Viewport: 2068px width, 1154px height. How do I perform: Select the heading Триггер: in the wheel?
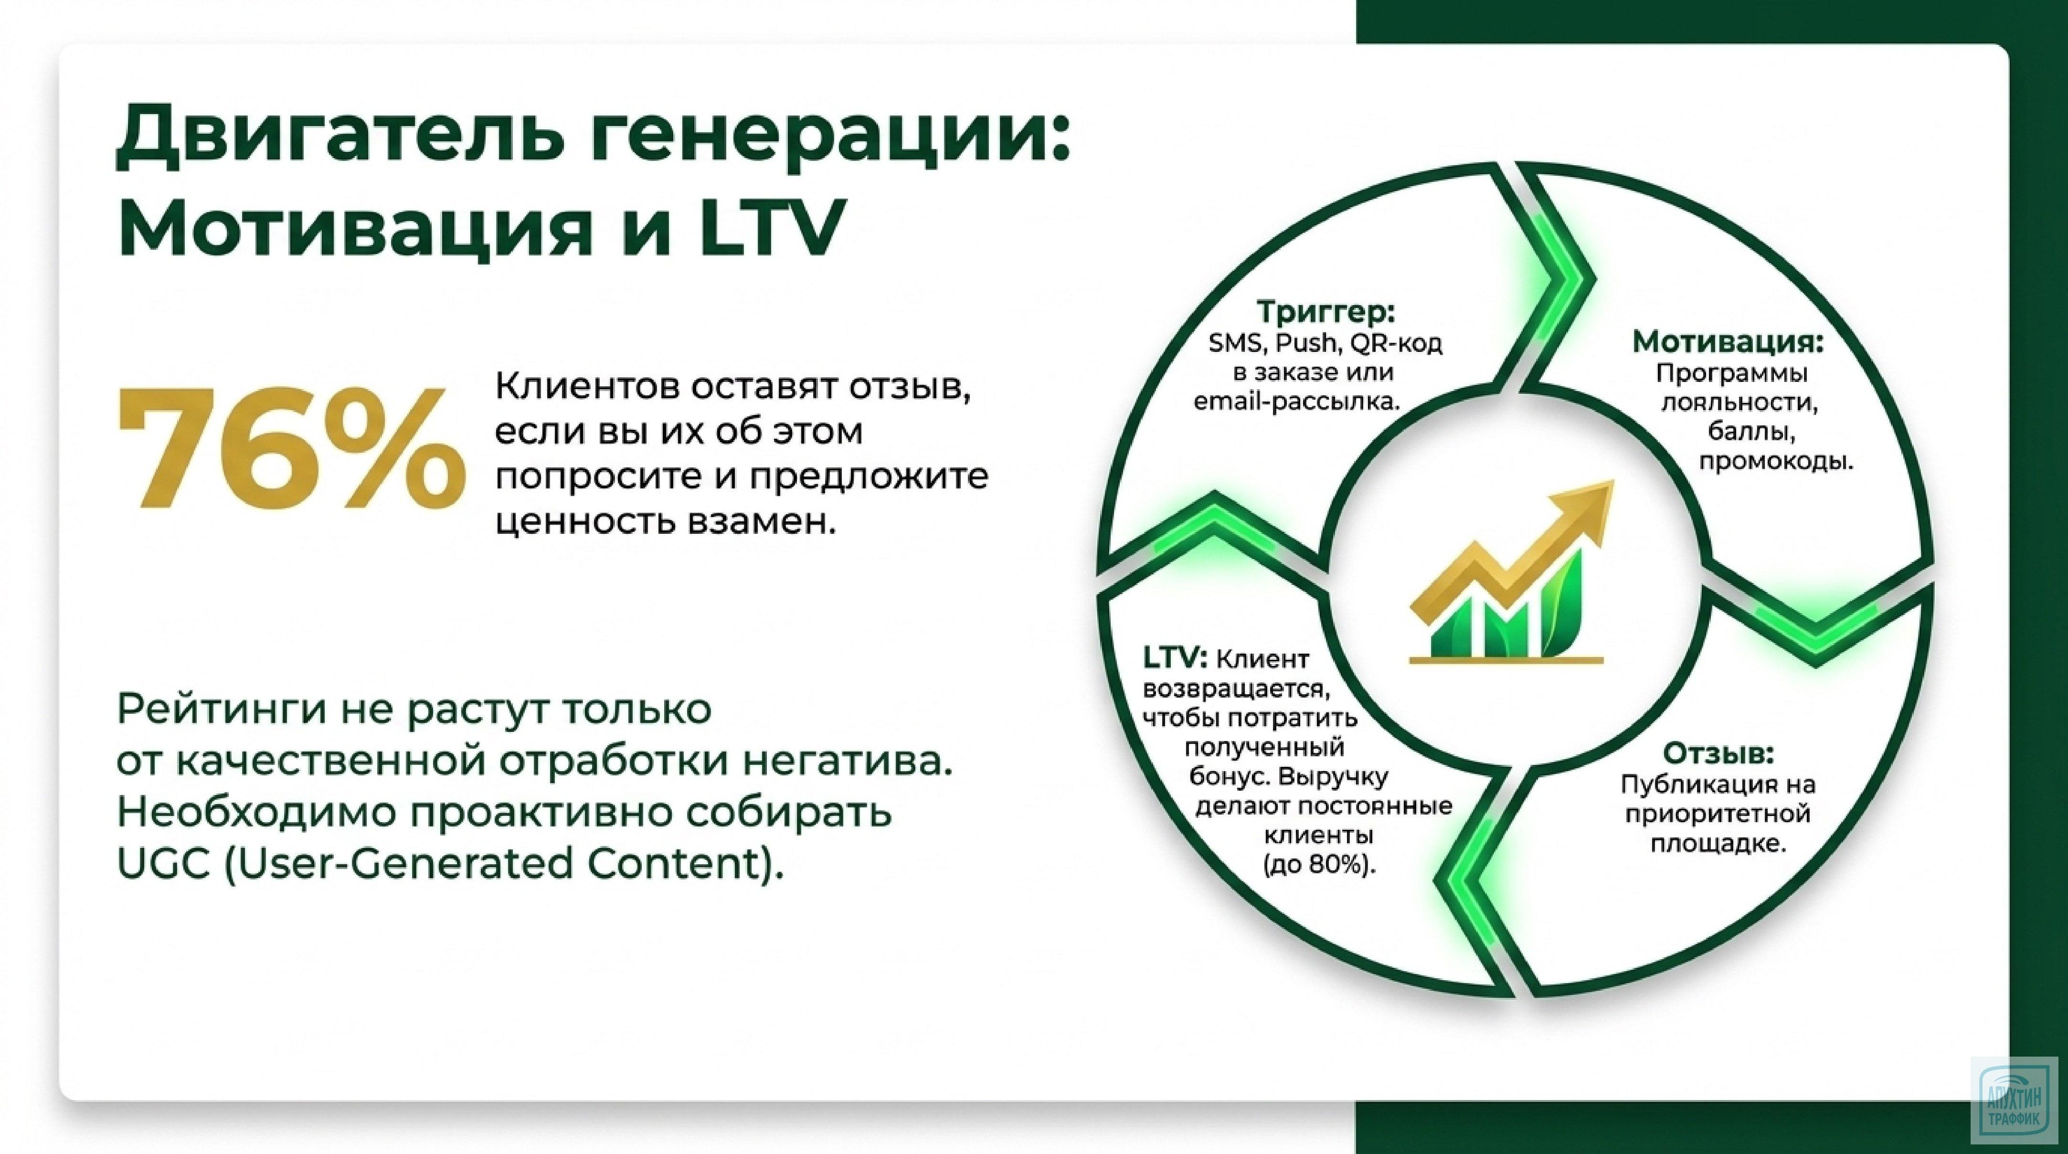point(1326,311)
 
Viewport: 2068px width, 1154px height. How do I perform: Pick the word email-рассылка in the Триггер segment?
point(1296,401)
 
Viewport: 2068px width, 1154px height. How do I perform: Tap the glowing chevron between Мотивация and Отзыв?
point(1814,634)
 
